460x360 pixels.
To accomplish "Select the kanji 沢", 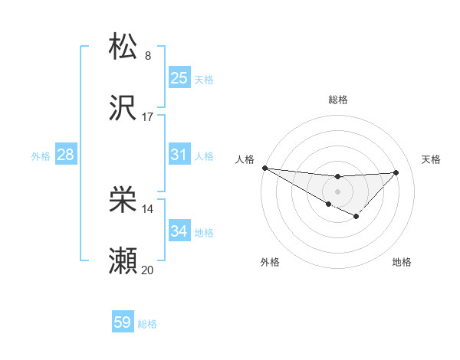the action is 123,108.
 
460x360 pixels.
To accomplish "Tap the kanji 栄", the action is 123,200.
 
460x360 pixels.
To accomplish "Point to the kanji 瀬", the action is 123,261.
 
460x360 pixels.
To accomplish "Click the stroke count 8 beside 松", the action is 148,55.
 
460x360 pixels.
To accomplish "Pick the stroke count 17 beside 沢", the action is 148,116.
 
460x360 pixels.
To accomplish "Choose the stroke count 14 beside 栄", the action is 148,208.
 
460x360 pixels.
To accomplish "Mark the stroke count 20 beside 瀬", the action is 148,270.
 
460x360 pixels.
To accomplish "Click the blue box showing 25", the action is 179,77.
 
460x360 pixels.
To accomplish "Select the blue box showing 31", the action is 179,154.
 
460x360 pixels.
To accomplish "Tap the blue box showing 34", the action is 179,231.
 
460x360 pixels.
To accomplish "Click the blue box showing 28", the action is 66,154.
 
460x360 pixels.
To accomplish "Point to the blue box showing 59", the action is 123,322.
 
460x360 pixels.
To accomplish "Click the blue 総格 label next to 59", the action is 147,324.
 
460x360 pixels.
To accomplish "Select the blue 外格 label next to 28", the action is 41,155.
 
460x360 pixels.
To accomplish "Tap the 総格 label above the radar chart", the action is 337,100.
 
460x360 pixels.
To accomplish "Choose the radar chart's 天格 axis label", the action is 431,159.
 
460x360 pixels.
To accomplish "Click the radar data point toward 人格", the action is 264,168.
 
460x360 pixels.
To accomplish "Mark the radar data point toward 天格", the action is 396,172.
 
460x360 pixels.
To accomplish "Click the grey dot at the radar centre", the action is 337,191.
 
